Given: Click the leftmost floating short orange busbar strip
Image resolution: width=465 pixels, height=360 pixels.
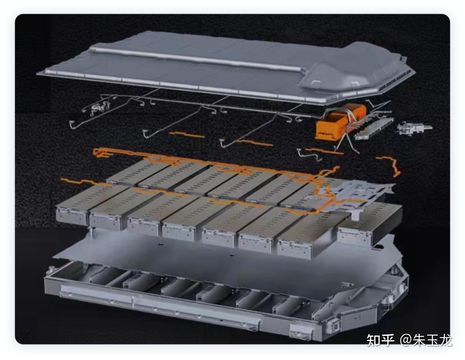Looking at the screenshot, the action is (187, 135).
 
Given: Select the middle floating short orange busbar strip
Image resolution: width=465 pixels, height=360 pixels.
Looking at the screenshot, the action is (254, 143).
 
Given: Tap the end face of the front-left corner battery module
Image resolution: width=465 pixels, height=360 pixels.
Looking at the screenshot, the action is (71, 215).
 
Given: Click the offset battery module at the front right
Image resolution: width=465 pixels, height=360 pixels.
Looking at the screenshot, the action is (369, 224).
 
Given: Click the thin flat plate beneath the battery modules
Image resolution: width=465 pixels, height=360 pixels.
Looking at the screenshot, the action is (225, 258).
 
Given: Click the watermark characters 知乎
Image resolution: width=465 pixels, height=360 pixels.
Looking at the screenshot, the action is (381, 340).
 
